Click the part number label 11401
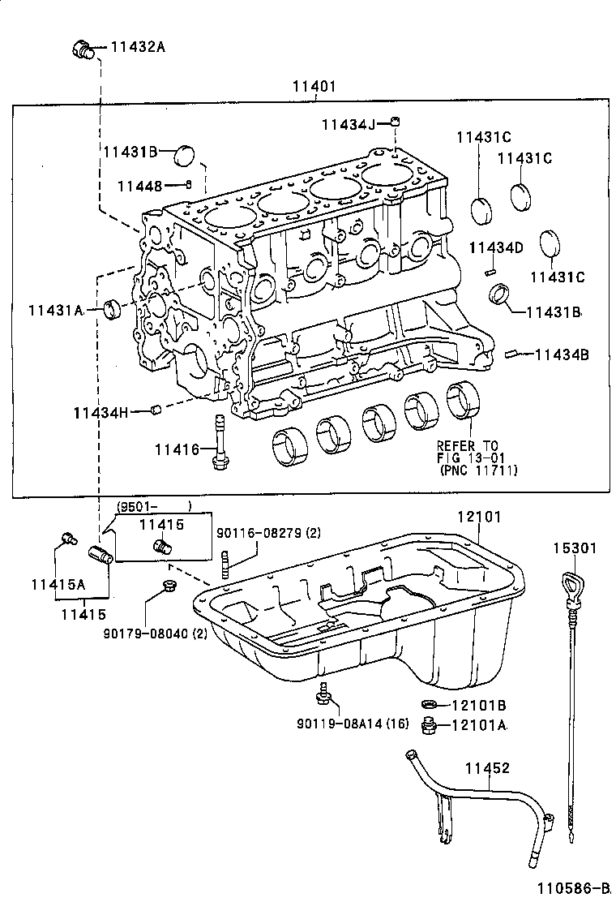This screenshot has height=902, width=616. [x=314, y=86]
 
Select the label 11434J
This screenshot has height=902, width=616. [x=348, y=124]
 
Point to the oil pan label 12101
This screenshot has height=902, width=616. [x=478, y=516]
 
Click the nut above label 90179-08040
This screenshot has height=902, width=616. [x=169, y=586]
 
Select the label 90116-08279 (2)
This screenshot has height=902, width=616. [x=268, y=533]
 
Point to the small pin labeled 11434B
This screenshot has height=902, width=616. [x=511, y=354]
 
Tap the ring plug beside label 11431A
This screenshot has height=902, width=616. [x=113, y=307]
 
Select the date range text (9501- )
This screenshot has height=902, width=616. [x=153, y=506]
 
